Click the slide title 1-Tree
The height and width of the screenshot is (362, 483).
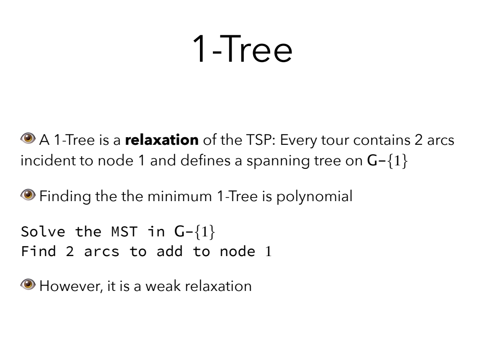(242, 49)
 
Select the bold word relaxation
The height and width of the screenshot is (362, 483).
(162, 140)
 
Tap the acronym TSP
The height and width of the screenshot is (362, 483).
(261, 140)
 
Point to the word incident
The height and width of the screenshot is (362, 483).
(47, 161)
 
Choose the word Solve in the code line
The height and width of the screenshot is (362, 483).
(43, 232)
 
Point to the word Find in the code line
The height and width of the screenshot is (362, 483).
(38, 251)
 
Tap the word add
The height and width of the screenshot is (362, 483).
(169, 251)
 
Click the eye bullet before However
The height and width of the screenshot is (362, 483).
(28, 284)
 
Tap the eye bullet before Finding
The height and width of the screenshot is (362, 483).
(28, 194)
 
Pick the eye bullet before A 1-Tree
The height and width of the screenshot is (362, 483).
(28, 138)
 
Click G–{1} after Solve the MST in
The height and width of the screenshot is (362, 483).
(195, 232)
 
